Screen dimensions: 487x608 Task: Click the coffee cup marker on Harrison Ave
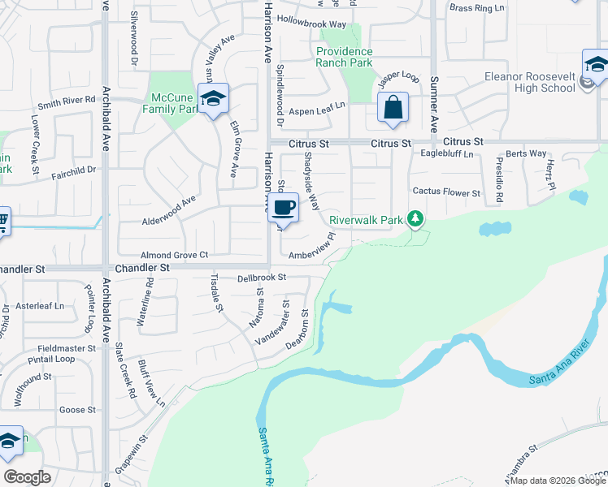click(282, 208)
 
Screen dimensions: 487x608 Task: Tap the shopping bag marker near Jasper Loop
click(393, 108)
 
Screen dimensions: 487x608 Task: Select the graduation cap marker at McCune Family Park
click(213, 99)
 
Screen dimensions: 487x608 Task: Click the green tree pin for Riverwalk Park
click(415, 218)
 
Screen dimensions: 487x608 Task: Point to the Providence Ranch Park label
click(345, 57)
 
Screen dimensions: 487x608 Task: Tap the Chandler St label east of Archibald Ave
click(142, 267)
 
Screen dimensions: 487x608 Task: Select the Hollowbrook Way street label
click(311, 24)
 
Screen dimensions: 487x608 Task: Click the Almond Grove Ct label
click(175, 255)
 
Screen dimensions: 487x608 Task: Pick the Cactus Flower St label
click(446, 192)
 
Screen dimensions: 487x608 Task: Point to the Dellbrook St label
click(263, 278)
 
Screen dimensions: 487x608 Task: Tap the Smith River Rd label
click(67, 102)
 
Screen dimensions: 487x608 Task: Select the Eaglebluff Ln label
click(446, 153)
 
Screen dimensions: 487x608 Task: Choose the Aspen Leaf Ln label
click(318, 106)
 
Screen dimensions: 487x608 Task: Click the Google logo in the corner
click(27, 477)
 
